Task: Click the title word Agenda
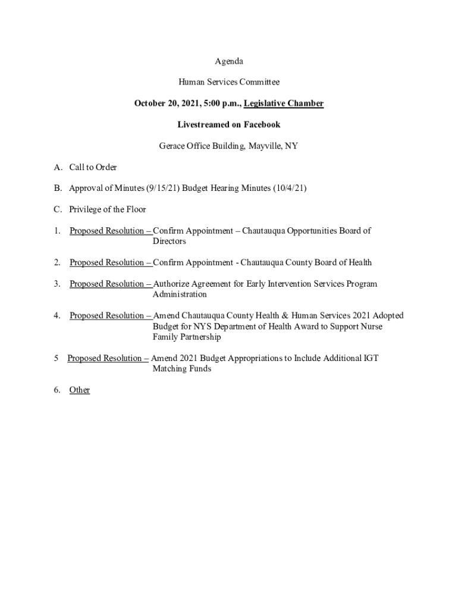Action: coord(229,61)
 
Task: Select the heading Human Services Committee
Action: coord(229,82)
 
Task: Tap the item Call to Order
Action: coord(93,168)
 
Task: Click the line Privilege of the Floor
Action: coord(107,209)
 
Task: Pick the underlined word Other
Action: coord(80,390)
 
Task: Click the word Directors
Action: coord(170,241)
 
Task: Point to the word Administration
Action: coord(180,294)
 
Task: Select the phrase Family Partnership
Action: coord(187,337)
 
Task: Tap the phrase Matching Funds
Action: coord(182,369)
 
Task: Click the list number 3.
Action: coord(57,284)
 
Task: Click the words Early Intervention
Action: coord(269,284)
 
